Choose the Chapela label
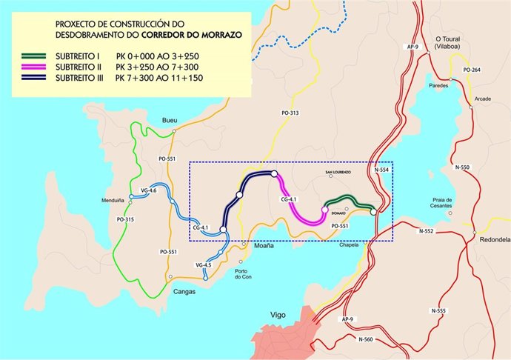(x=348, y=244)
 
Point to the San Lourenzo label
(x=338, y=173)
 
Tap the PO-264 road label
(x=471, y=70)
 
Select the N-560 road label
(x=366, y=339)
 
